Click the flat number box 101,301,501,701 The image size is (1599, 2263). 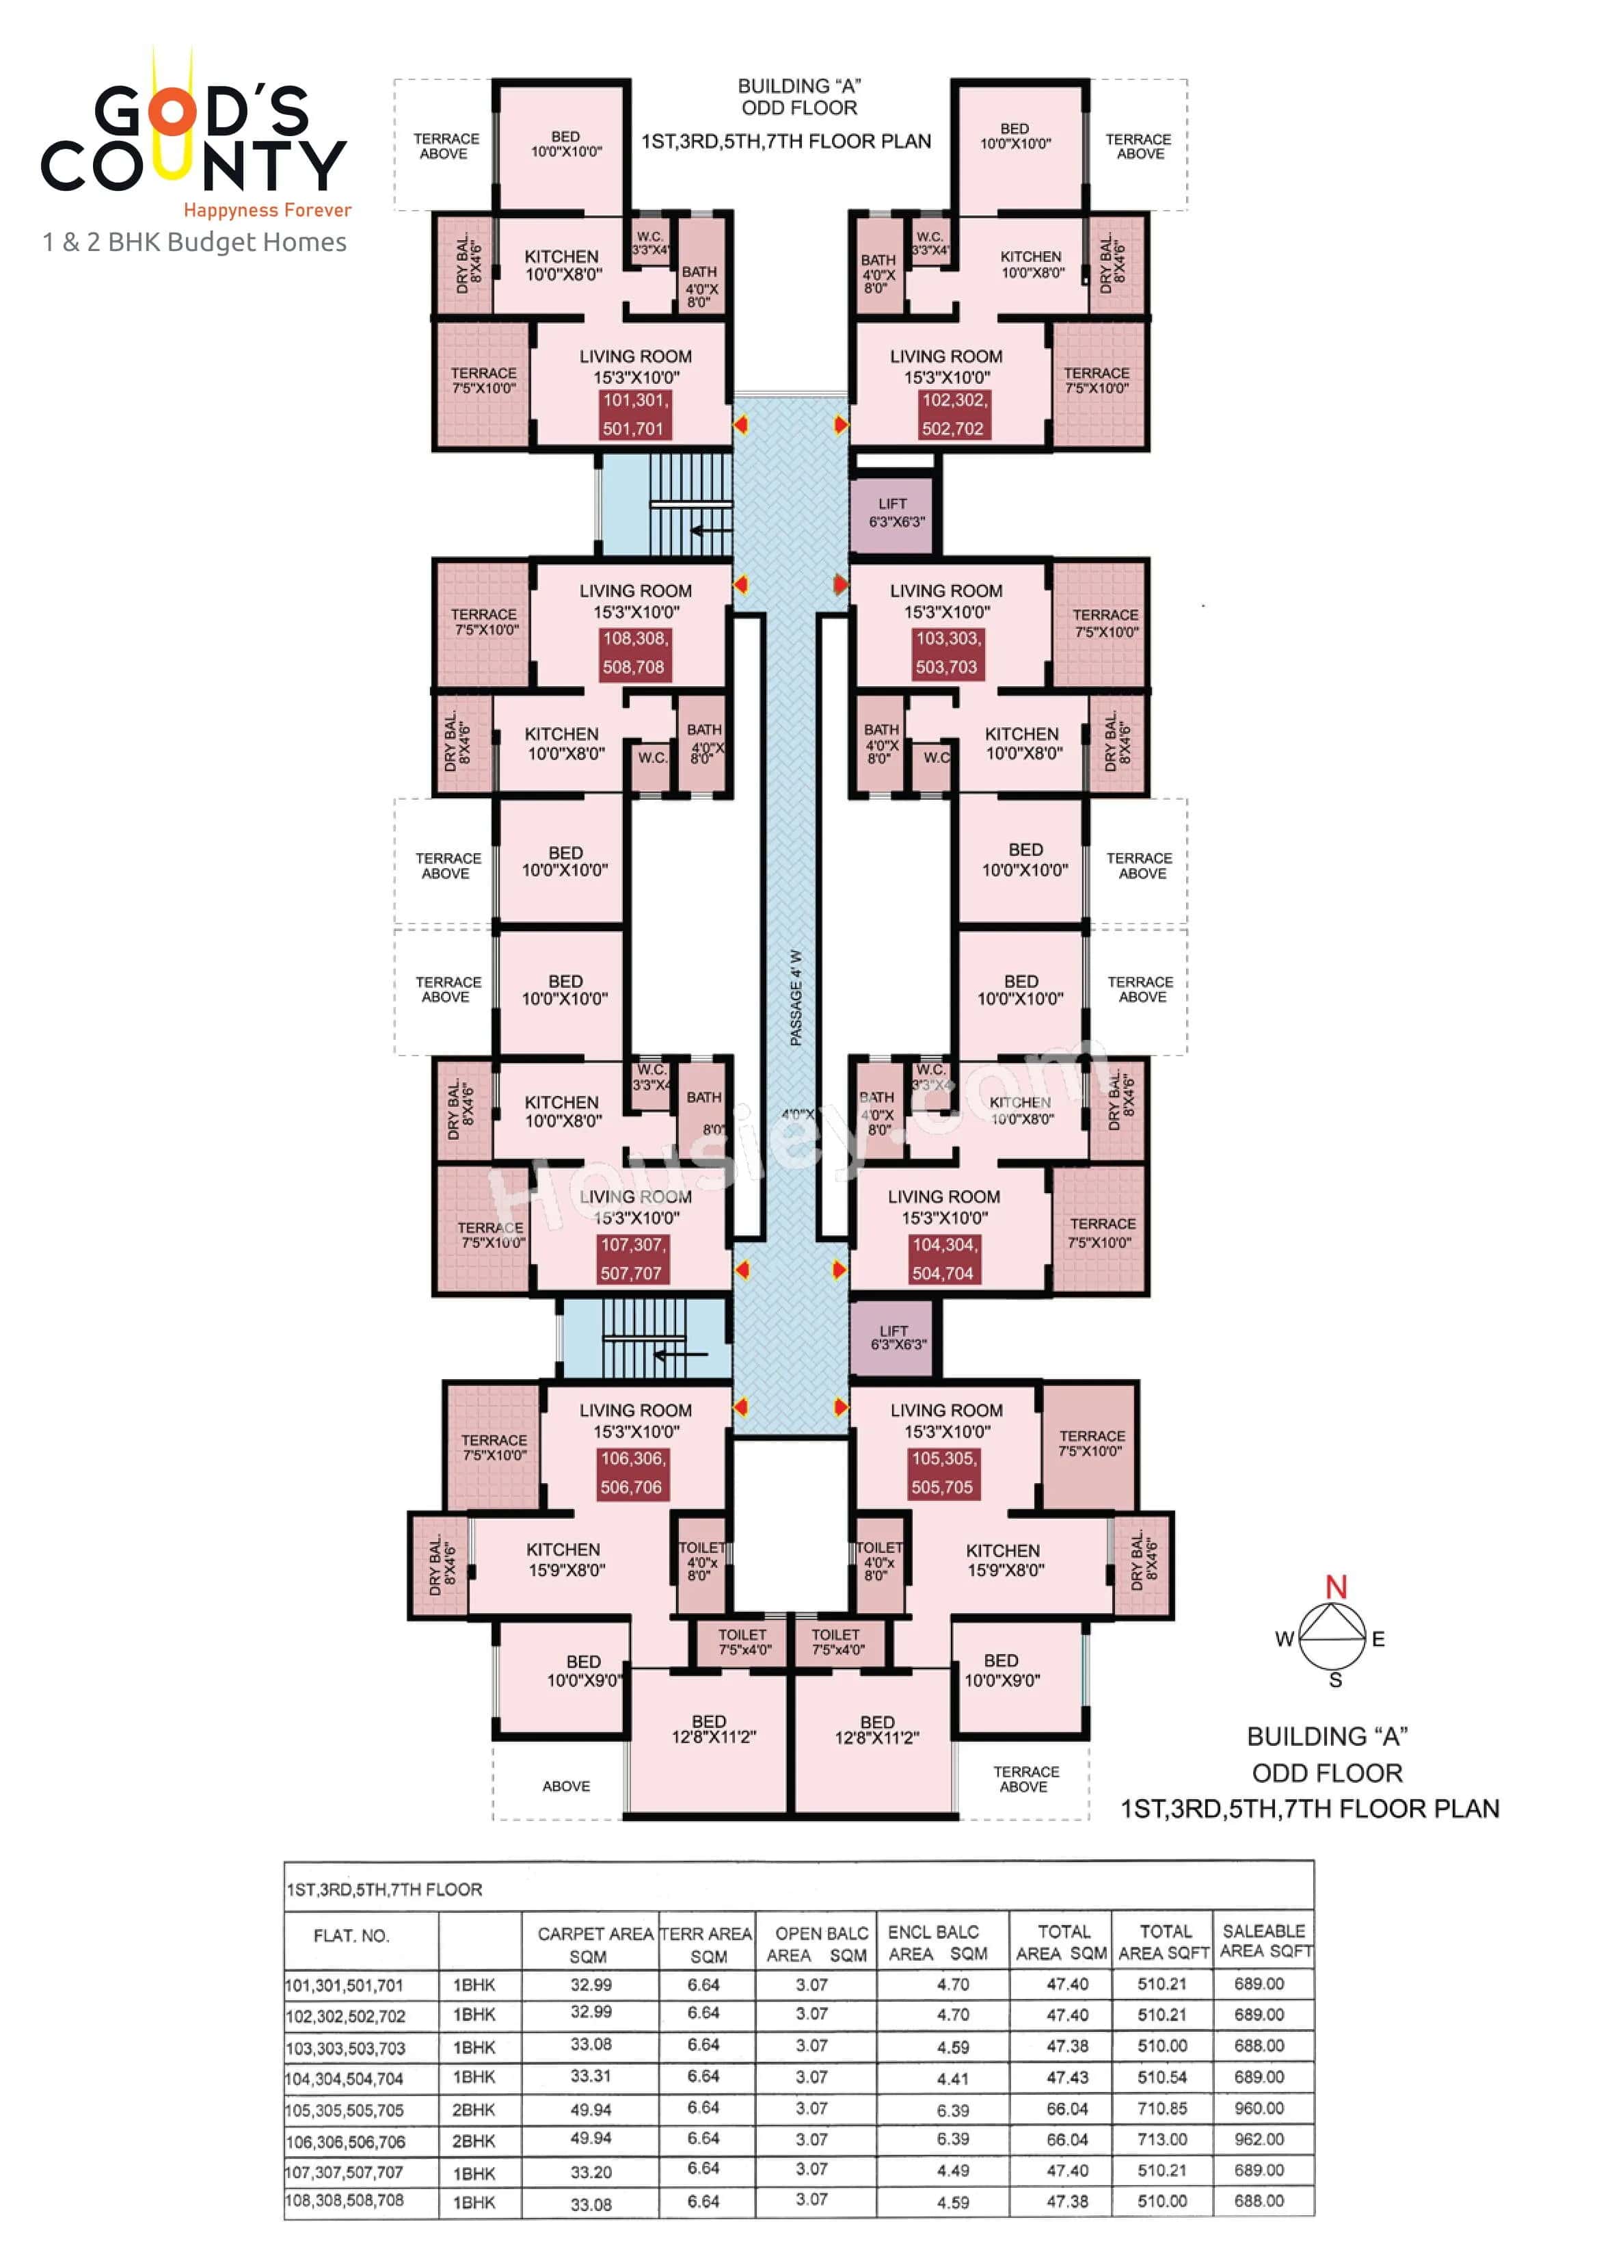click(x=634, y=414)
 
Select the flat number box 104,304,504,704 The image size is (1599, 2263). click(x=943, y=1259)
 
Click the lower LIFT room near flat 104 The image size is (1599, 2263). click(x=895, y=1337)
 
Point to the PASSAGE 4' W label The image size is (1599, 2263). click(x=796, y=997)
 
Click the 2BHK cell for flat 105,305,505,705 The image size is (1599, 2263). click(x=474, y=2108)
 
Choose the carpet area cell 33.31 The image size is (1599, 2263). click(x=590, y=2075)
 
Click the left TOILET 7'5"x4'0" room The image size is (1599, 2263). click(x=743, y=1641)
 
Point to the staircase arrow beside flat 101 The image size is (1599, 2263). click(x=710, y=530)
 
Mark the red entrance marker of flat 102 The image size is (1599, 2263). click(x=840, y=424)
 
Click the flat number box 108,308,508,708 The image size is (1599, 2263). click(x=634, y=653)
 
